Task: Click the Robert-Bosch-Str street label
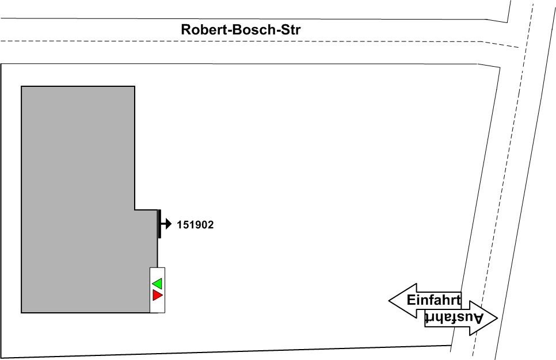(x=241, y=29)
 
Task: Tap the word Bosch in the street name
(x=253, y=29)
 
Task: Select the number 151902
(x=195, y=225)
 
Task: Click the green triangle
(x=157, y=284)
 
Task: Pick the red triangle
(x=157, y=295)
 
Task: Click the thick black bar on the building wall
(x=159, y=224)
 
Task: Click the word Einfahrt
(x=433, y=300)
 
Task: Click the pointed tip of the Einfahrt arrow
(x=390, y=300)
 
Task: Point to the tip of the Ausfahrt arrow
(x=496, y=317)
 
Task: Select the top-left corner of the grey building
(x=21, y=86)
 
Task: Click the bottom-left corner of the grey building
(x=21, y=313)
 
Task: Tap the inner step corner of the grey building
(x=135, y=210)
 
